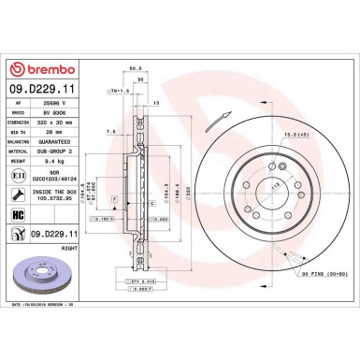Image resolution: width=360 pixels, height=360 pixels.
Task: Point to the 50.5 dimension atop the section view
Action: [x=135, y=68]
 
